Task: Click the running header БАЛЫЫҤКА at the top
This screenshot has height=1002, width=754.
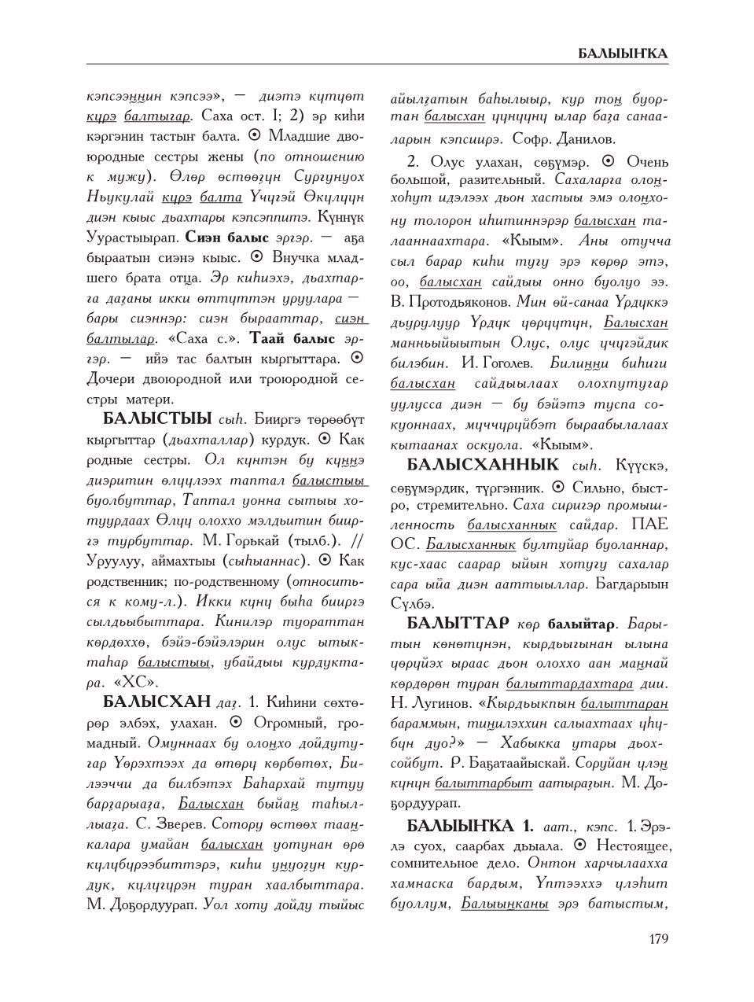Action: [623, 54]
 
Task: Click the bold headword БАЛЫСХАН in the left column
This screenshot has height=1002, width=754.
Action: [156, 701]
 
